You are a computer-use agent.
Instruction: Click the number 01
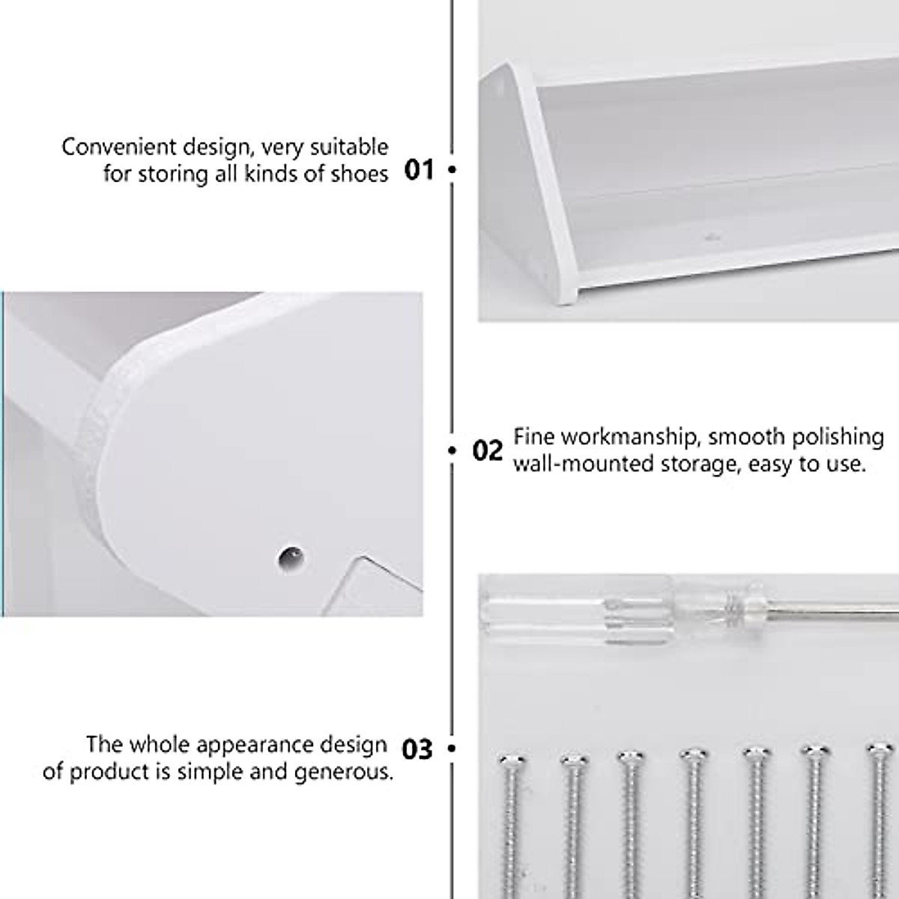[419, 170]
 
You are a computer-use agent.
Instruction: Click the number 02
[488, 451]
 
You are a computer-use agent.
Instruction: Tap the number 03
[417, 748]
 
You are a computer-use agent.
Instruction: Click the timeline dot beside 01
[452, 170]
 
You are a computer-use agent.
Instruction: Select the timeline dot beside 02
[452, 451]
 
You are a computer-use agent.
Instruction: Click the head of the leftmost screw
[512, 763]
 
